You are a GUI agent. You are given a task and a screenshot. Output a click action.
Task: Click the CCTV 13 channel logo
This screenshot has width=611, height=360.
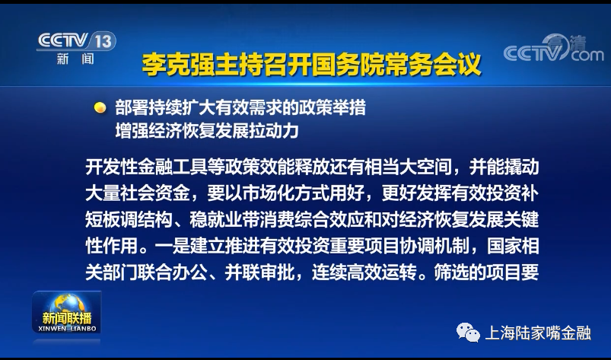[x=76, y=48]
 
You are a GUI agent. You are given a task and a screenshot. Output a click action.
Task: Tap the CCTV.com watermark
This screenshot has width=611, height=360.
[x=553, y=48]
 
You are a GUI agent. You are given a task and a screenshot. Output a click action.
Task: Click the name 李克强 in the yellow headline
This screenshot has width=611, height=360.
[x=178, y=65]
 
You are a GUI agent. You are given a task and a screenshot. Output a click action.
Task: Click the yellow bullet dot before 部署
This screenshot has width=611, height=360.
[x=100, y=107]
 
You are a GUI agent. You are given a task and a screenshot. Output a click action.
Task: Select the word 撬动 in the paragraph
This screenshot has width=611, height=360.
[x=521, y=167]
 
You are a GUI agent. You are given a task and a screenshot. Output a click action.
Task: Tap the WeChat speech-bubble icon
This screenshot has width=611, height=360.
[x=468, y=333]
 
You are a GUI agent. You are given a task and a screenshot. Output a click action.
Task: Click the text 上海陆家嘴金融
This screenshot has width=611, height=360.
[x=538, y=333]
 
